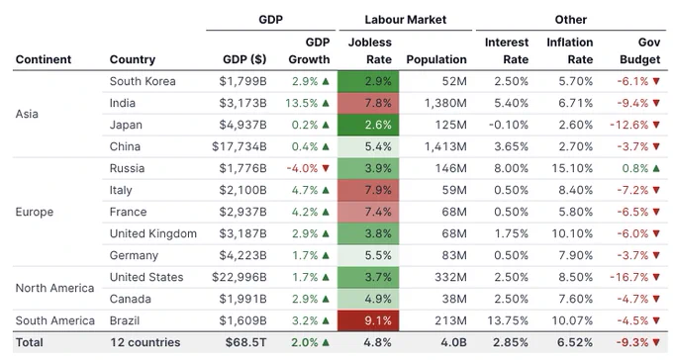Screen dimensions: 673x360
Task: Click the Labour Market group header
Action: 405,20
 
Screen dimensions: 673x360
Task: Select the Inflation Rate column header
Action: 569,50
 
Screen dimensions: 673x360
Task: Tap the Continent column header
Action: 44,59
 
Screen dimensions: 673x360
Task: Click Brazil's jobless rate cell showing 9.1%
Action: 368,320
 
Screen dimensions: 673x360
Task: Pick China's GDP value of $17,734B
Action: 240,146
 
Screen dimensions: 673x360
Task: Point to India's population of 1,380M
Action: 445,104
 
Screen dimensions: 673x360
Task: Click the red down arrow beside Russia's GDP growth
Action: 326,168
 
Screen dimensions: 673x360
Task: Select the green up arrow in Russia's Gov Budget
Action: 656,168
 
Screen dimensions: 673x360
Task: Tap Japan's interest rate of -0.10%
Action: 508,125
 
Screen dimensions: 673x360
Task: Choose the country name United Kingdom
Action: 153,233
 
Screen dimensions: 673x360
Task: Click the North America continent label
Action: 54,288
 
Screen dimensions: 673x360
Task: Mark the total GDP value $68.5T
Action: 245,342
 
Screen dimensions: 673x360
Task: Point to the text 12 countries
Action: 145,342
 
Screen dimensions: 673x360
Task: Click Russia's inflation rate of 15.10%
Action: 572,168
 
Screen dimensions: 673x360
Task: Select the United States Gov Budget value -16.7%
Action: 628,277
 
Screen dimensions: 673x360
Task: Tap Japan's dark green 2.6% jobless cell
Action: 368,125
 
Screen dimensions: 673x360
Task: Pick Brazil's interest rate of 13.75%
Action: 508,320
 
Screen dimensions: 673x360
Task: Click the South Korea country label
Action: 143,81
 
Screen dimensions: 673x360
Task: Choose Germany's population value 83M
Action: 454,256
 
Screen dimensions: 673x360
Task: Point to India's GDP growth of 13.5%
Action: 301,104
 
